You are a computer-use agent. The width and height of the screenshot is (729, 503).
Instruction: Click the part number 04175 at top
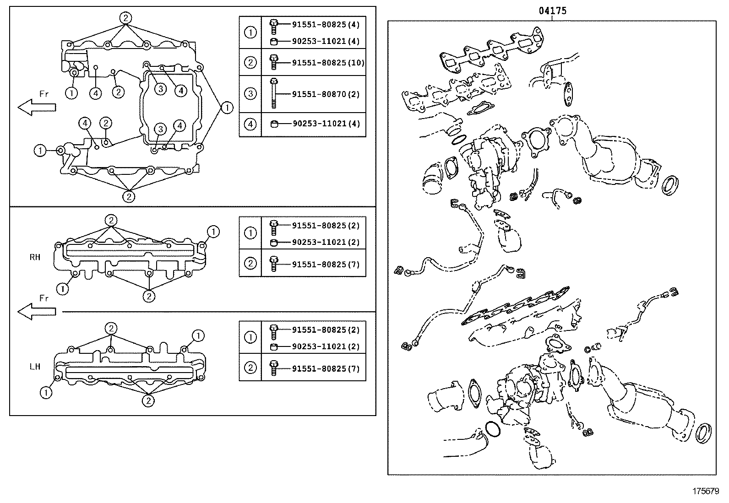(x=552, y=10)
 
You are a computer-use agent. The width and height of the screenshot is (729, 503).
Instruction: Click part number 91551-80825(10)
(x=328, y=63)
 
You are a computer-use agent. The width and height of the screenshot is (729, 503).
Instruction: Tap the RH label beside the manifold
(x=35, y=257)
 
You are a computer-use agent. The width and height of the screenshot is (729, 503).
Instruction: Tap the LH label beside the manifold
(x=35, y=367)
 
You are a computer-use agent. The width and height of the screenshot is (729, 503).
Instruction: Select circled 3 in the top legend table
(x=250, y=94)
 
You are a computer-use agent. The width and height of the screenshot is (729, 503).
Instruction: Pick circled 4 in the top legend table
(x=250, y=124)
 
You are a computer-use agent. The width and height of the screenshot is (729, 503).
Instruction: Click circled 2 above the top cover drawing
(x=126, y=18)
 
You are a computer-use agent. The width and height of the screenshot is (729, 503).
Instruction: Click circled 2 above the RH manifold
(x=111, y=220)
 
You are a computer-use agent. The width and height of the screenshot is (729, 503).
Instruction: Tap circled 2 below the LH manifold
(x=147, y=401)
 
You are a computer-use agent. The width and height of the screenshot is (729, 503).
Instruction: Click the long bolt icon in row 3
(x=273, y=93)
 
